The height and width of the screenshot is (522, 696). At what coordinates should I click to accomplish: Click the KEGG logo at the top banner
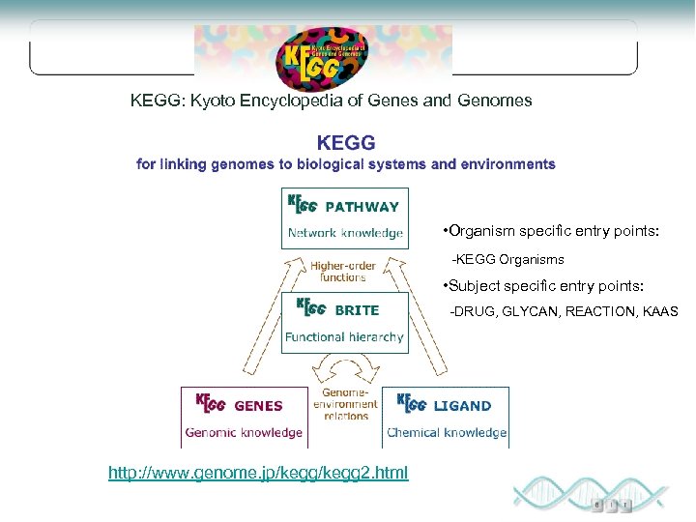click(x=320, y=55)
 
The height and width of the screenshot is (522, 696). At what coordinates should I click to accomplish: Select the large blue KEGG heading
click(x=346, y=143)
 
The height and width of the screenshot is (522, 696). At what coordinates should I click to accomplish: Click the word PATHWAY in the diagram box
click(x=362, y=206)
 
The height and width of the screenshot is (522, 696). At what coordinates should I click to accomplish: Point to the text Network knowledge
click(x=345, y=233)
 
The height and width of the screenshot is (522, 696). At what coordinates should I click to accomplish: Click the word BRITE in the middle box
click(x=357, y=310)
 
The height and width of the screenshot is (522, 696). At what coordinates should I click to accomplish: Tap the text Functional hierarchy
click(x=344, y=337)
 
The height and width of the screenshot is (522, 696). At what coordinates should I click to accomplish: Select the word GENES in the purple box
click(x=258, y=406)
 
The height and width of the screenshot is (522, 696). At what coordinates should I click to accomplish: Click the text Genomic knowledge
click(x=244, y=432)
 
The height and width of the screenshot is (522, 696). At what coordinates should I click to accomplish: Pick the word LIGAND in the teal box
click(x=462, y=406)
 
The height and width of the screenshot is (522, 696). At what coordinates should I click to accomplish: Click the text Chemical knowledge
click(x=447, y=432)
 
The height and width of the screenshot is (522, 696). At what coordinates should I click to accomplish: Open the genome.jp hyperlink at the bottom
click(x=258, y=473)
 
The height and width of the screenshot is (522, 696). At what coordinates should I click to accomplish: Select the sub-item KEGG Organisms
click(x=508, y=260)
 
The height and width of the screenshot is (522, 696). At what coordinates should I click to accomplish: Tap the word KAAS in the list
click(x=658, y=312)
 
